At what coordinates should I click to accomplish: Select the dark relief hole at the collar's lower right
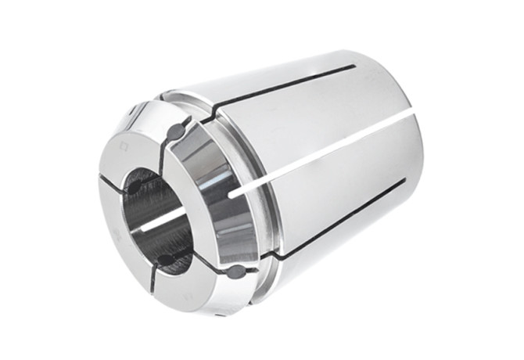point(234,272)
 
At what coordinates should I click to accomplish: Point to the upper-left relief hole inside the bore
point(135,188)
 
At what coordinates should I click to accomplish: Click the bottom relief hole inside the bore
point(166,259)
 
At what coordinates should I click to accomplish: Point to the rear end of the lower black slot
point(404,181)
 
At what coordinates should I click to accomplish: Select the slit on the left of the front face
point(109,182)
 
